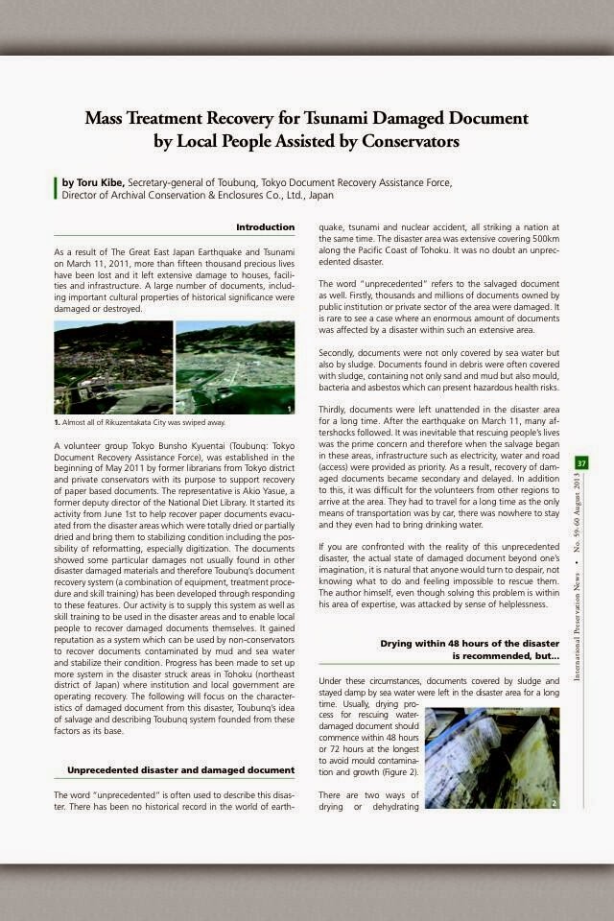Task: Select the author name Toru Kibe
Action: pyautogui.click(x=94, y=181)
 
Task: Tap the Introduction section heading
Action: pyautogui.click(x=266, y=227)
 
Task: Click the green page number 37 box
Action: pyautogui.click(x=581, y=464)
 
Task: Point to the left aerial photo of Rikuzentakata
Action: pyautogui.click(x=113, y=367)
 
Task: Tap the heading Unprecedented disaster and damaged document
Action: pyautogui.click(x=180, y=769)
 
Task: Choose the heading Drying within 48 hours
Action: pyautogui.click(x=469, y=649)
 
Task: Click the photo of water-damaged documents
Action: pyautogui.click(x=491, y=758)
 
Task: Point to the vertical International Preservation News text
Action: pyautogui.click(x=578, y=624)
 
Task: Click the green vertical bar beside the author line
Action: pyautogui.click(x=56, y=188)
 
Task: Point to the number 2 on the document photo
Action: pyautogui.click(x=554, y=802)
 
